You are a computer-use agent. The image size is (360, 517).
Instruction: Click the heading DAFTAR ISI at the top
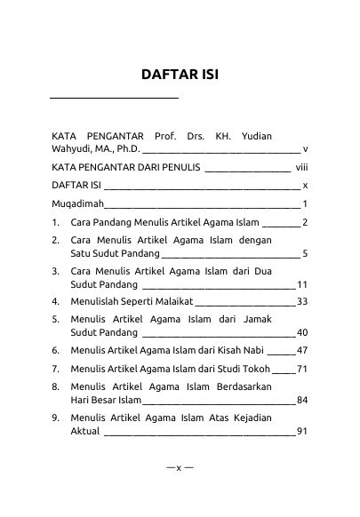pyautogui.click(x=180, y=74)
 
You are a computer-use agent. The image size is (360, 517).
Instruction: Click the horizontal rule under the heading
pyautogui.click(x=114, y=96)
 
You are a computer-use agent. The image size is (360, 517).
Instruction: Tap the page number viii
pyautogui.click(x=302, y=167)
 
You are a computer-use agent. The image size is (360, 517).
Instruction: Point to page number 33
pyautogui.click(x=302, y=302)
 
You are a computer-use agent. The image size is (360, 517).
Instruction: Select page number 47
pyautogui.click(x=302, y=351)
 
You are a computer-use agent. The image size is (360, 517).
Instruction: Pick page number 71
pyautogui.click(x=302, y=368)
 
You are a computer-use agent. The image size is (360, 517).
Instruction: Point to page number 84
pyautogui.click(x=302, y=401)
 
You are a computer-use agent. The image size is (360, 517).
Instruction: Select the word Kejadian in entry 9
pyautogui.click(x=276, y=418)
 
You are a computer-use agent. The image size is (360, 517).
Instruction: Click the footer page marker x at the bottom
pyautogui.click(x=179, y=467)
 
